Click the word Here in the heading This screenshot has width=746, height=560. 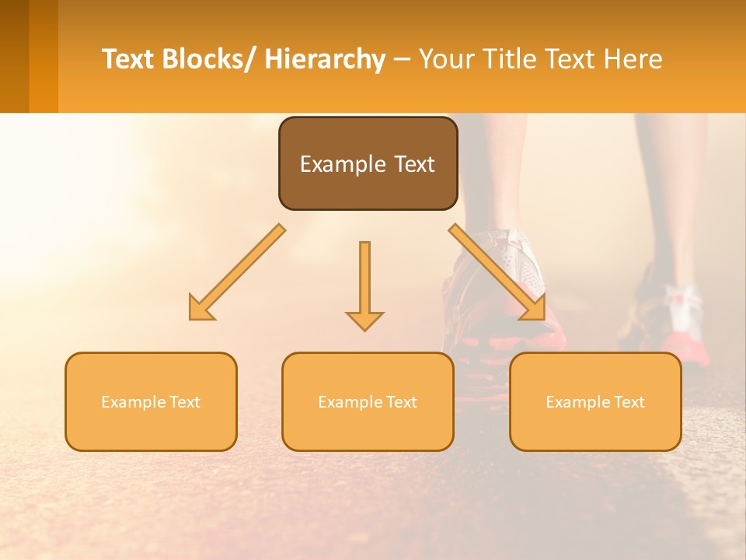(635, 59)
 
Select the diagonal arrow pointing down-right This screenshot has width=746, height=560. (497, 272)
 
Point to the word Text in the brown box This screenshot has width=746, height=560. (413, 165)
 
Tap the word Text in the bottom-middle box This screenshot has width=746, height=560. (398, 402)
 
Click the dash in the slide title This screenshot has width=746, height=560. (402, 60)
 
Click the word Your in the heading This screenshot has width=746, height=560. (445, 59)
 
